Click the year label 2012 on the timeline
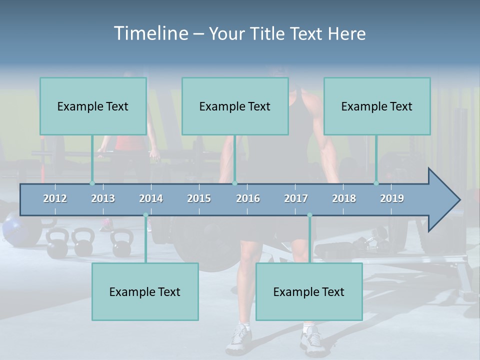click(55, 198)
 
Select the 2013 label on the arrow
click(103, 198)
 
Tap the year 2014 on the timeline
click(151, 198)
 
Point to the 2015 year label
click(199, 198)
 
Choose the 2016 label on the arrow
click(248, 198)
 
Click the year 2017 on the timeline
click(296, 198)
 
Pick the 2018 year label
click(344, 198)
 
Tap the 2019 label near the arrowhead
click(392, 198)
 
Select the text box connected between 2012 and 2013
click(93, 106)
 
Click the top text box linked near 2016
click(235, 106)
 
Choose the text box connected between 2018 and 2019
click(377, 106)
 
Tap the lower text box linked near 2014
click(145, 291)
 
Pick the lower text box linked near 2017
click(309, 291)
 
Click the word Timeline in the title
click(150, 33)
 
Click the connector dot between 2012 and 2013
click(92, 183)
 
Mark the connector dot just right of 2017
click(309, 215)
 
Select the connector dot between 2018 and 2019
click(376, 183)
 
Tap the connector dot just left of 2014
click(145, 215)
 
